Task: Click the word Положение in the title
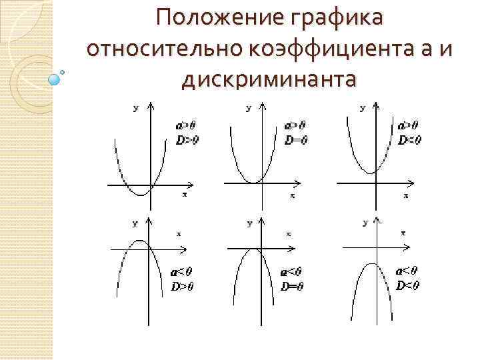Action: [x=213, y=19]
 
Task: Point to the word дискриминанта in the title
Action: [x=269, y=79]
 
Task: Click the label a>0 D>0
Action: [x=187, y=132]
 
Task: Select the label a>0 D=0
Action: [x=295, y=132]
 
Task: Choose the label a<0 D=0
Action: [x=292, y=279]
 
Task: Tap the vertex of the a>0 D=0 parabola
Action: [x=253, y=182]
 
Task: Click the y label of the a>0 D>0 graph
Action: [x=136, y=107]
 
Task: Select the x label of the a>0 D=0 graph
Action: [x=292, y=196]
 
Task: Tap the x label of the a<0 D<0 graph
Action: [x=403, y=233]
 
